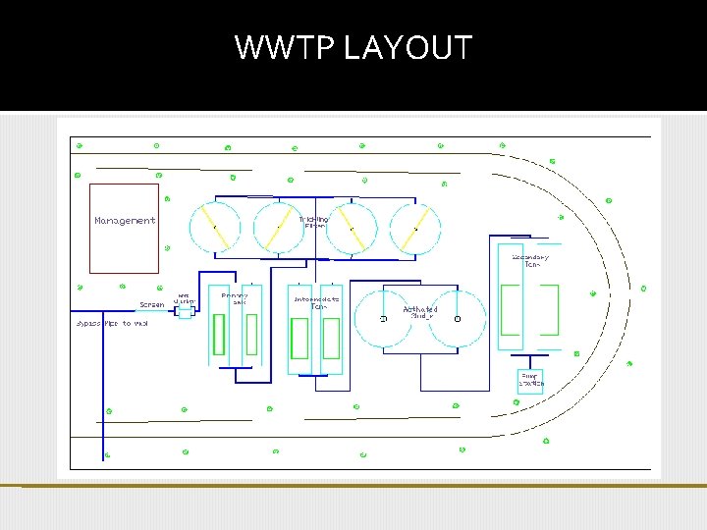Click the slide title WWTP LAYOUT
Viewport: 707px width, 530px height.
353,47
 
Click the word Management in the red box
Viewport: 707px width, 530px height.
125,221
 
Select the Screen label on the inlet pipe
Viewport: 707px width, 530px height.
152,304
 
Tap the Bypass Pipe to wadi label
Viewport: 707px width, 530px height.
112,323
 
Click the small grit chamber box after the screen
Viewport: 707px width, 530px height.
185,314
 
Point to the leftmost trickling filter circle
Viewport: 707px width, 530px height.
214,227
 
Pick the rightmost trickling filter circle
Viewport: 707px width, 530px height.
416,227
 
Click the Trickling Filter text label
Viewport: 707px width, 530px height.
314,222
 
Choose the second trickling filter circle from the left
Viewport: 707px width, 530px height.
279,227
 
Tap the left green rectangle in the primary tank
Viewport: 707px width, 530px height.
219,335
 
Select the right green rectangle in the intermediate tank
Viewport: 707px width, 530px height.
331,339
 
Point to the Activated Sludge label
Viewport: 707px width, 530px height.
420,313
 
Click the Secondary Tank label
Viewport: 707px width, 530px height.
531,261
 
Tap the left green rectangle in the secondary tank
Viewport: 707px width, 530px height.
511,310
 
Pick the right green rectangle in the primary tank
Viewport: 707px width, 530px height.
251,335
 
